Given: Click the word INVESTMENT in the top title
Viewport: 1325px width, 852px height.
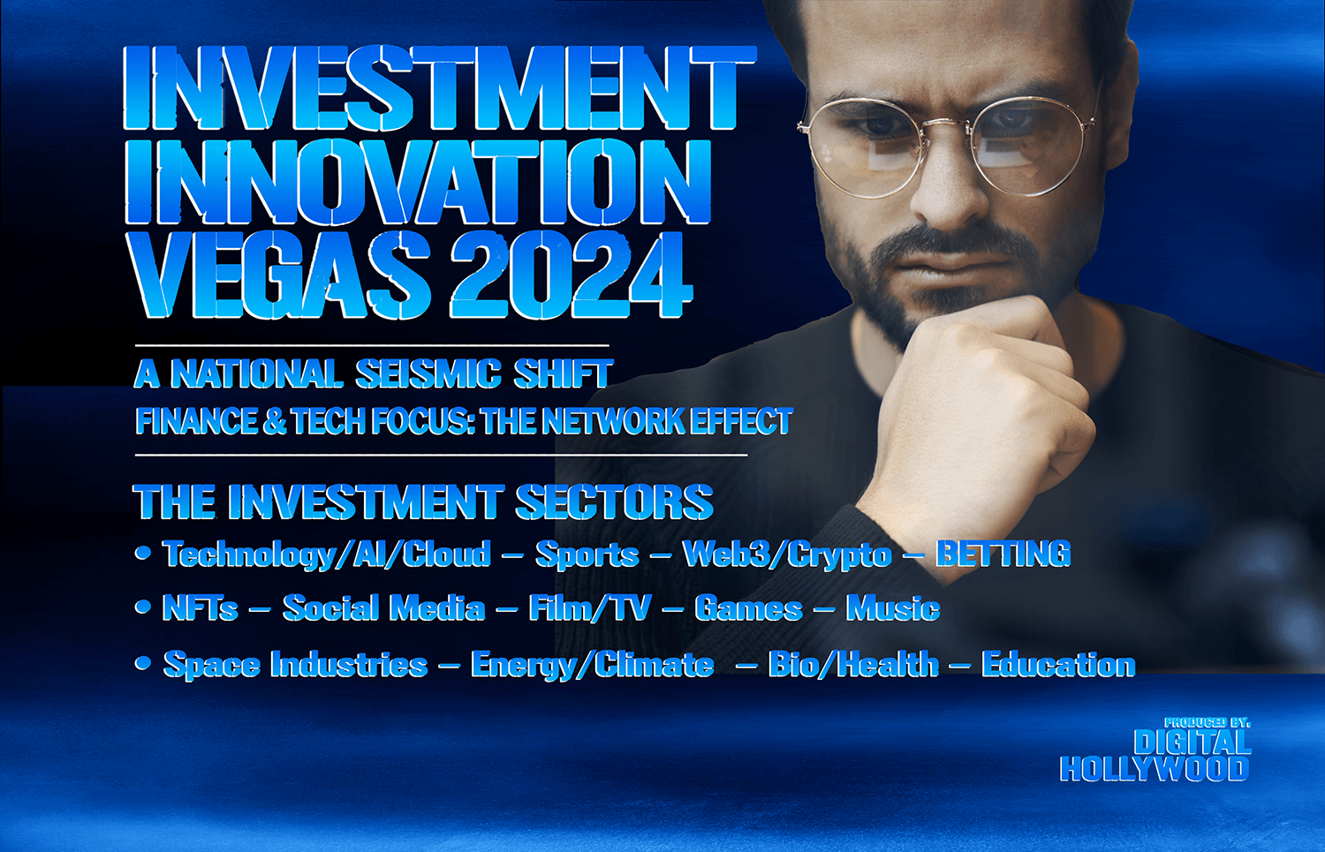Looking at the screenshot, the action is click(x=440, y=87).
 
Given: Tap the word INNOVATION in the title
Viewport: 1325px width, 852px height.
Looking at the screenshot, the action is click(x=418, y=182).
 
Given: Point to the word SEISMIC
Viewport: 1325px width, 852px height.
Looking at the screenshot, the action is click(x=428, y=373).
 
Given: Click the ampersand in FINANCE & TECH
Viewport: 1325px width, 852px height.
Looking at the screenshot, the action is click(x=274, y=421).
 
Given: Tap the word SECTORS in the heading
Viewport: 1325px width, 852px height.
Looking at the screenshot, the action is click(x=615, y=502).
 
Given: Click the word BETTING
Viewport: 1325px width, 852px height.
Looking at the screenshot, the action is click(x=1003, y=554).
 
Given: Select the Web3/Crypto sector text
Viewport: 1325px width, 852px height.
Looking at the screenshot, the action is click(x=787, y=554).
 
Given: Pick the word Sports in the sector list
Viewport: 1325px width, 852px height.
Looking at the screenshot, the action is click(x=587, y=554).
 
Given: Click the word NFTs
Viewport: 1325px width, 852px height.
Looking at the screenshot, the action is click(x=201, y=607).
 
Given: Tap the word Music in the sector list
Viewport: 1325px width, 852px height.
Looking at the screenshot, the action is click(x=893, y=607).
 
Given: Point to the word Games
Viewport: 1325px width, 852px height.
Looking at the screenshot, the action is click(x=748, y=607).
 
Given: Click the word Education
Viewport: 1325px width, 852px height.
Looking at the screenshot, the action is click(x=1059, y=664).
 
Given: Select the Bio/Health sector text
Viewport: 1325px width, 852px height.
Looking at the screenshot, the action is click(x=853, y=664).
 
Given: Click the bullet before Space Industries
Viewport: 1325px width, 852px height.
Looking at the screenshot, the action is click(x=142, y=663).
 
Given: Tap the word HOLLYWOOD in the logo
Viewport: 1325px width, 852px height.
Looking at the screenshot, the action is click(x=1154, y=769).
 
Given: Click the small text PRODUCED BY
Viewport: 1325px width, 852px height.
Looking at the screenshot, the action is click(x=1207, y=722).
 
